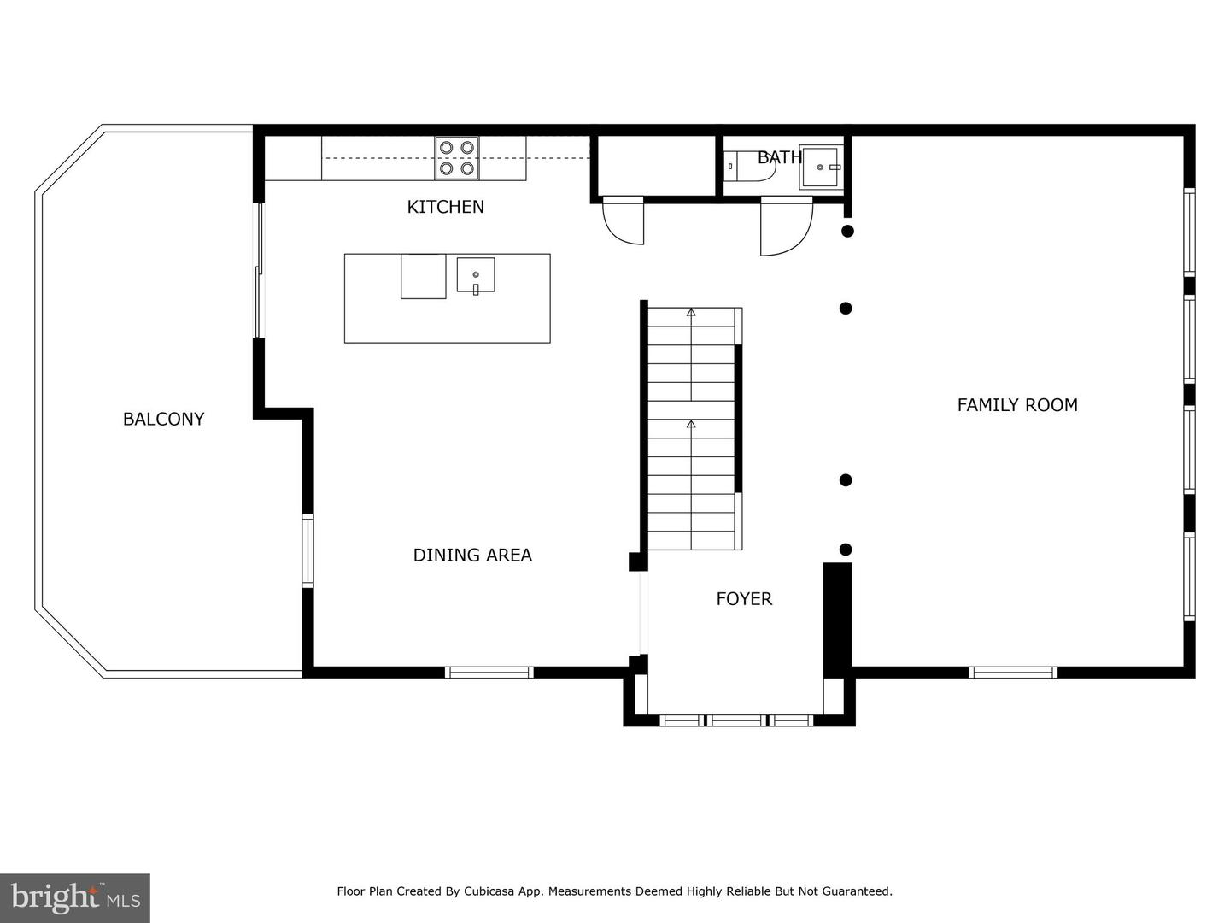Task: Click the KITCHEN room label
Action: click(445, 207)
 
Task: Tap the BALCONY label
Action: click(163, 419)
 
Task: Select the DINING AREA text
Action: click(472, 555)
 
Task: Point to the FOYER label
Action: click(744, 599)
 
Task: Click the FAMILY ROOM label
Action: click(1016, 405)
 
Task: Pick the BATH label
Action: click(779, 157)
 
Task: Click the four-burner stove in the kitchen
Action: click(456, 158)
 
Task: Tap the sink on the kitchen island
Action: click(476, 275)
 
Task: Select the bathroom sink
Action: click(822, 168)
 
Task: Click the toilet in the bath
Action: click(747, 167)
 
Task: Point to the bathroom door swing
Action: click(784, 226)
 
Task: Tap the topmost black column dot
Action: click(847, 231)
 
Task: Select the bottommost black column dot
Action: click(846, 550)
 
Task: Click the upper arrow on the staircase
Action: click(691, 313)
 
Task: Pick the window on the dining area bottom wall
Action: click(489, 673)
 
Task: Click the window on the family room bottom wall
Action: click(1013, 673)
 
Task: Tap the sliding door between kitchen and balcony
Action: click(259, 270)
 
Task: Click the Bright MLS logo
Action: click(74, 897)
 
